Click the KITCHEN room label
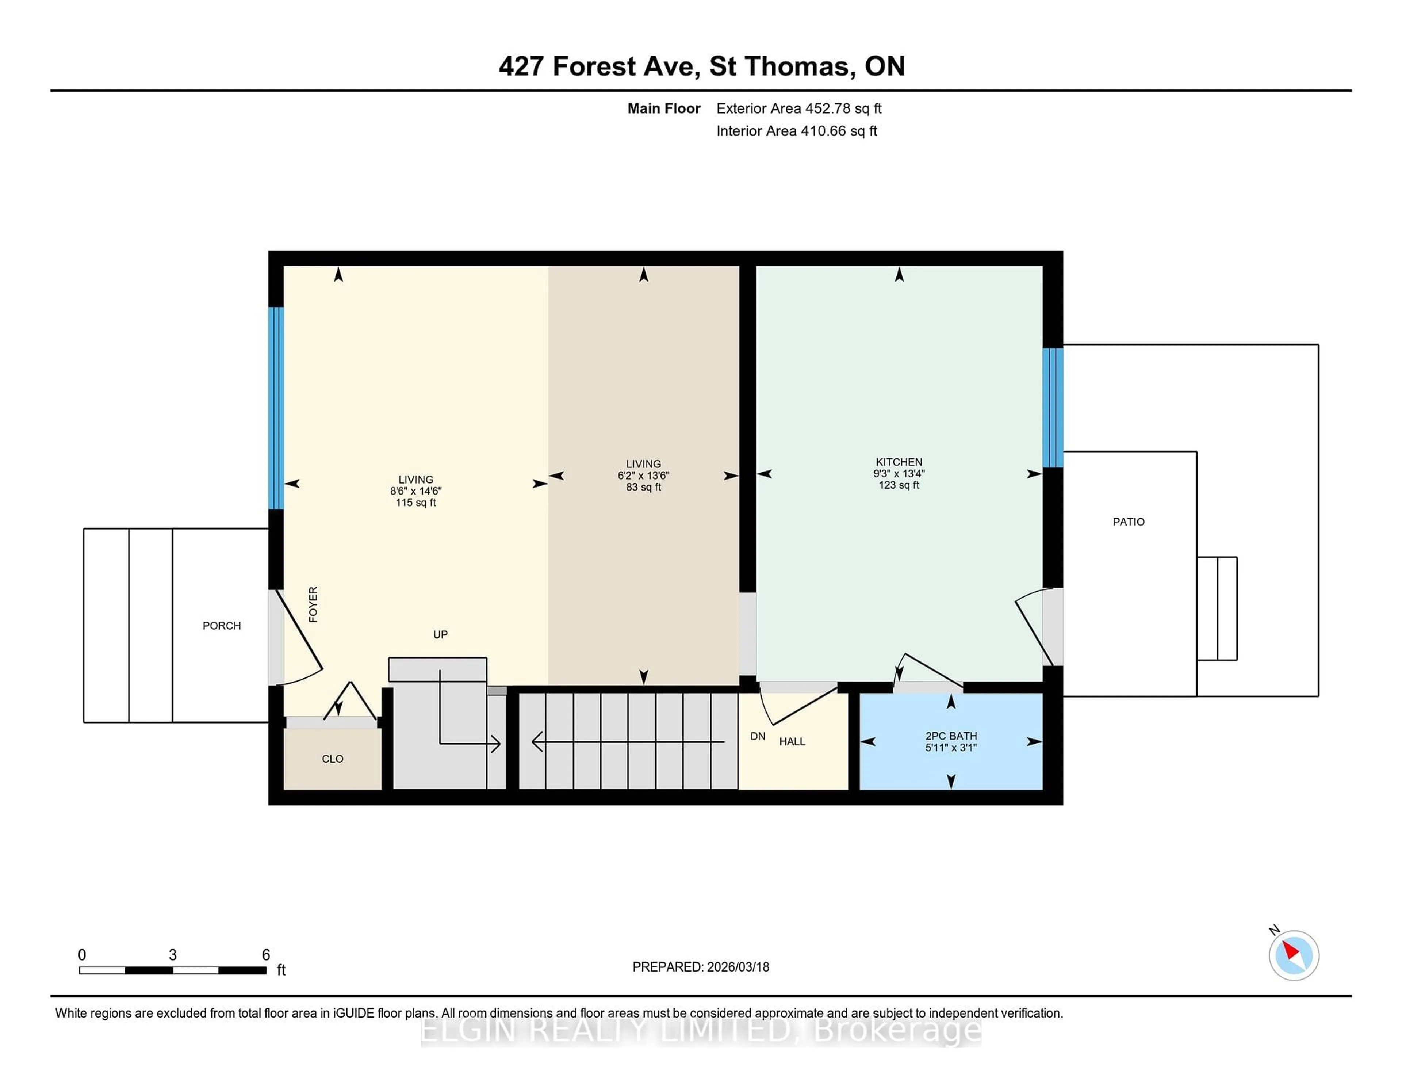(x=899, y=462)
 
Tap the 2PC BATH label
(x=951, y=736)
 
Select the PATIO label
(x=1128, y=522)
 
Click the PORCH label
(x=222, y=626)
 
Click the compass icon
(x=1294, y=955)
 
